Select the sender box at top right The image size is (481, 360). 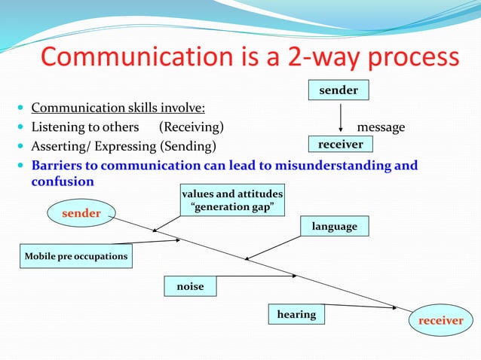(x=339, y=90)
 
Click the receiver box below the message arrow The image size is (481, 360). (x=341, y=144)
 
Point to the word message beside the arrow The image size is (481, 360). (x=381, y=127)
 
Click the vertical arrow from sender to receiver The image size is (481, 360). (x=342, y=117)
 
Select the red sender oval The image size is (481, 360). (x=81, y=213)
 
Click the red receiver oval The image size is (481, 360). (x=441, y=320)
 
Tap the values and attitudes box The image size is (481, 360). (x=232, y=200)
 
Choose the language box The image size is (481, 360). (x=335, y=226)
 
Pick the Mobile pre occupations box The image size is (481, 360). (x=75, y=256)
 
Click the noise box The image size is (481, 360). (x=190, y=286)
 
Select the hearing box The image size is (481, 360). (x=296, y=314)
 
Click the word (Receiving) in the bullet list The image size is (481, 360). (x=191, y=127)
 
